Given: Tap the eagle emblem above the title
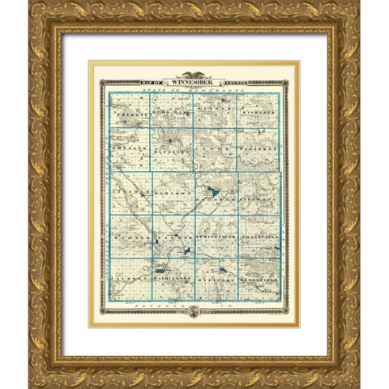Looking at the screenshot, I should [x=194, y=72].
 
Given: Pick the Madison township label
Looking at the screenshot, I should [x=170, y=194].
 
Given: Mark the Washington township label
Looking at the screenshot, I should [x=172, y=278].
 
